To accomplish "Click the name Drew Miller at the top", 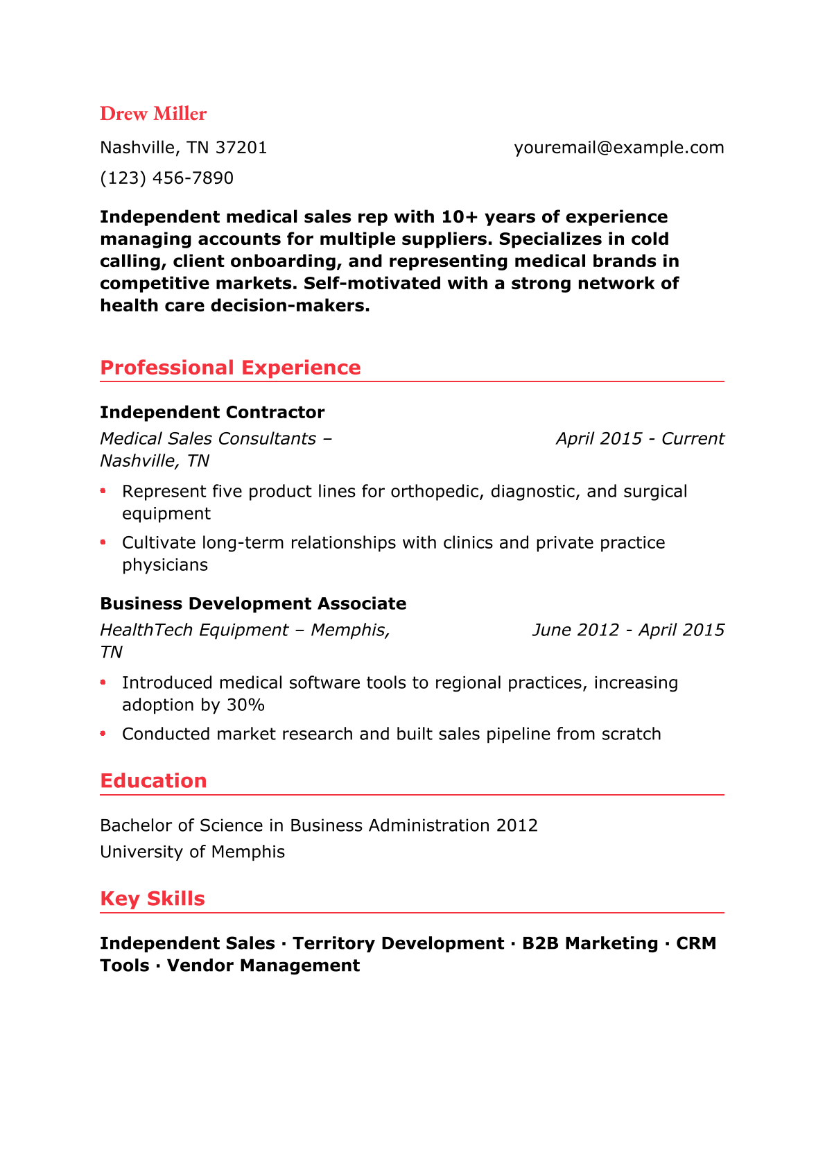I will [153, 114].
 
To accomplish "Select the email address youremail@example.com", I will [618, 148].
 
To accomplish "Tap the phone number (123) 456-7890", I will [166, 178].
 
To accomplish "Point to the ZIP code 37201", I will [241, 148].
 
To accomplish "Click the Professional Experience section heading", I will [230, 368].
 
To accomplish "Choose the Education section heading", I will [153, 781].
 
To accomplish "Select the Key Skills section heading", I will [153, 899].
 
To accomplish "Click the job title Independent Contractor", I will [212, 413].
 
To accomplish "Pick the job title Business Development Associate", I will [253, 604].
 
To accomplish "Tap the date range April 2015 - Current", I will [640, 439].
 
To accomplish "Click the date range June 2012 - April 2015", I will [628, 630].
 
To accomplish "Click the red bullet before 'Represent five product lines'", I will [103, 491].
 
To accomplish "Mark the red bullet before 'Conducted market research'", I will [103, 733].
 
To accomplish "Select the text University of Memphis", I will [192, 852].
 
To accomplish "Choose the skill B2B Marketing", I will [590, 943].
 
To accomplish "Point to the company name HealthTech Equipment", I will [194, 630].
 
